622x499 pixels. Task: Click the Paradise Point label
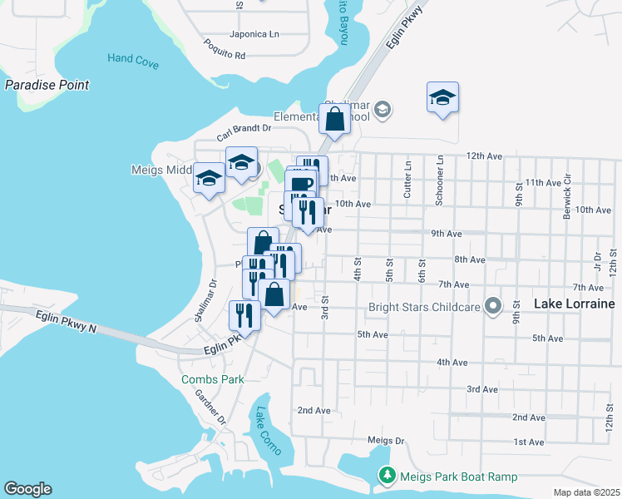47,85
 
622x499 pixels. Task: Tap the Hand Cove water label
132,58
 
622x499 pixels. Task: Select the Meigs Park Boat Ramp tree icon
387,476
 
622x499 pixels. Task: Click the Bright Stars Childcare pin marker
494,307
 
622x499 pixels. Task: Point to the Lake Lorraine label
574,304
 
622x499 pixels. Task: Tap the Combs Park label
213,379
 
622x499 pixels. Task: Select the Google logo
27,489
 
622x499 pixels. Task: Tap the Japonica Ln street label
254,34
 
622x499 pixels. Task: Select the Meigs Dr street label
385,440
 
